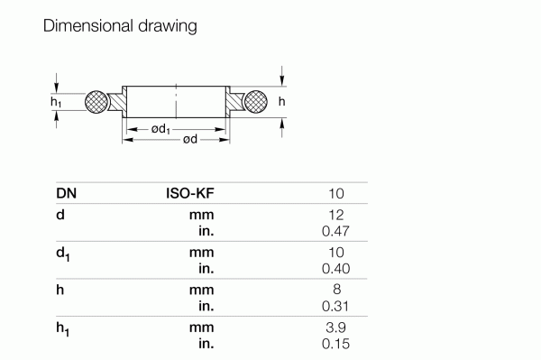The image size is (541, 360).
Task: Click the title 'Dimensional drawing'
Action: pyautogui.click(x=120, y=27)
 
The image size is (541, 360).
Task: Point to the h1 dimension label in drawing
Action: pyautogui.click(x=57, y=103)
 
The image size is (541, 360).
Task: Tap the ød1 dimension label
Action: pyautogui.click(x=162, y=130)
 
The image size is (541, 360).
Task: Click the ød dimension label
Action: pyautogui.click(x=189, y=140)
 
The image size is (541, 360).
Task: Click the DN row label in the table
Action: pyautogui.click(x=66, y=193)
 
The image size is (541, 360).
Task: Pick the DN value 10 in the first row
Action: pyautogui.click(x=336, y=193)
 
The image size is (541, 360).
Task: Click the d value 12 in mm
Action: pyautogui.click(x=336, y=216)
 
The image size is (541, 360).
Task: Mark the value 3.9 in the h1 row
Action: pyautogui.click(x=335, y=328)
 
